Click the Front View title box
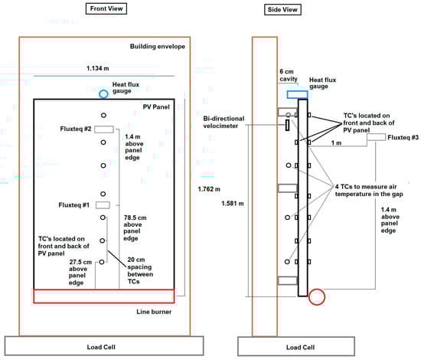click(106, 8)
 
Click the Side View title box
click(282, 10)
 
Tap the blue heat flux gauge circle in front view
click(103, 94)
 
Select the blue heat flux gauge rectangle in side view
click(298, 94)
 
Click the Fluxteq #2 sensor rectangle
click(104, 129)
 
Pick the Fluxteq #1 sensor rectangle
click(103, 205)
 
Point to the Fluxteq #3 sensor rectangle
click(376, 137)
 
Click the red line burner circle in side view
click(317, 297)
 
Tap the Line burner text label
click(154, 312)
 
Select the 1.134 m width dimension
click(98, 68)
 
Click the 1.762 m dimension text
click(209, 189)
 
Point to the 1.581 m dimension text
click(233, 204)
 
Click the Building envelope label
click(158, 47)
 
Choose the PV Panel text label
click(156, 107)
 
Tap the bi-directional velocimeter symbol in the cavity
click(287, 125)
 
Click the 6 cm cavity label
click(289, 75)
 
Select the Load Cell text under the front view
click(101, 347)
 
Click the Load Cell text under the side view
click(300, 348)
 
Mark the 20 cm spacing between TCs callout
click(140, 270)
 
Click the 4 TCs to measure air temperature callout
click(369, 190)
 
